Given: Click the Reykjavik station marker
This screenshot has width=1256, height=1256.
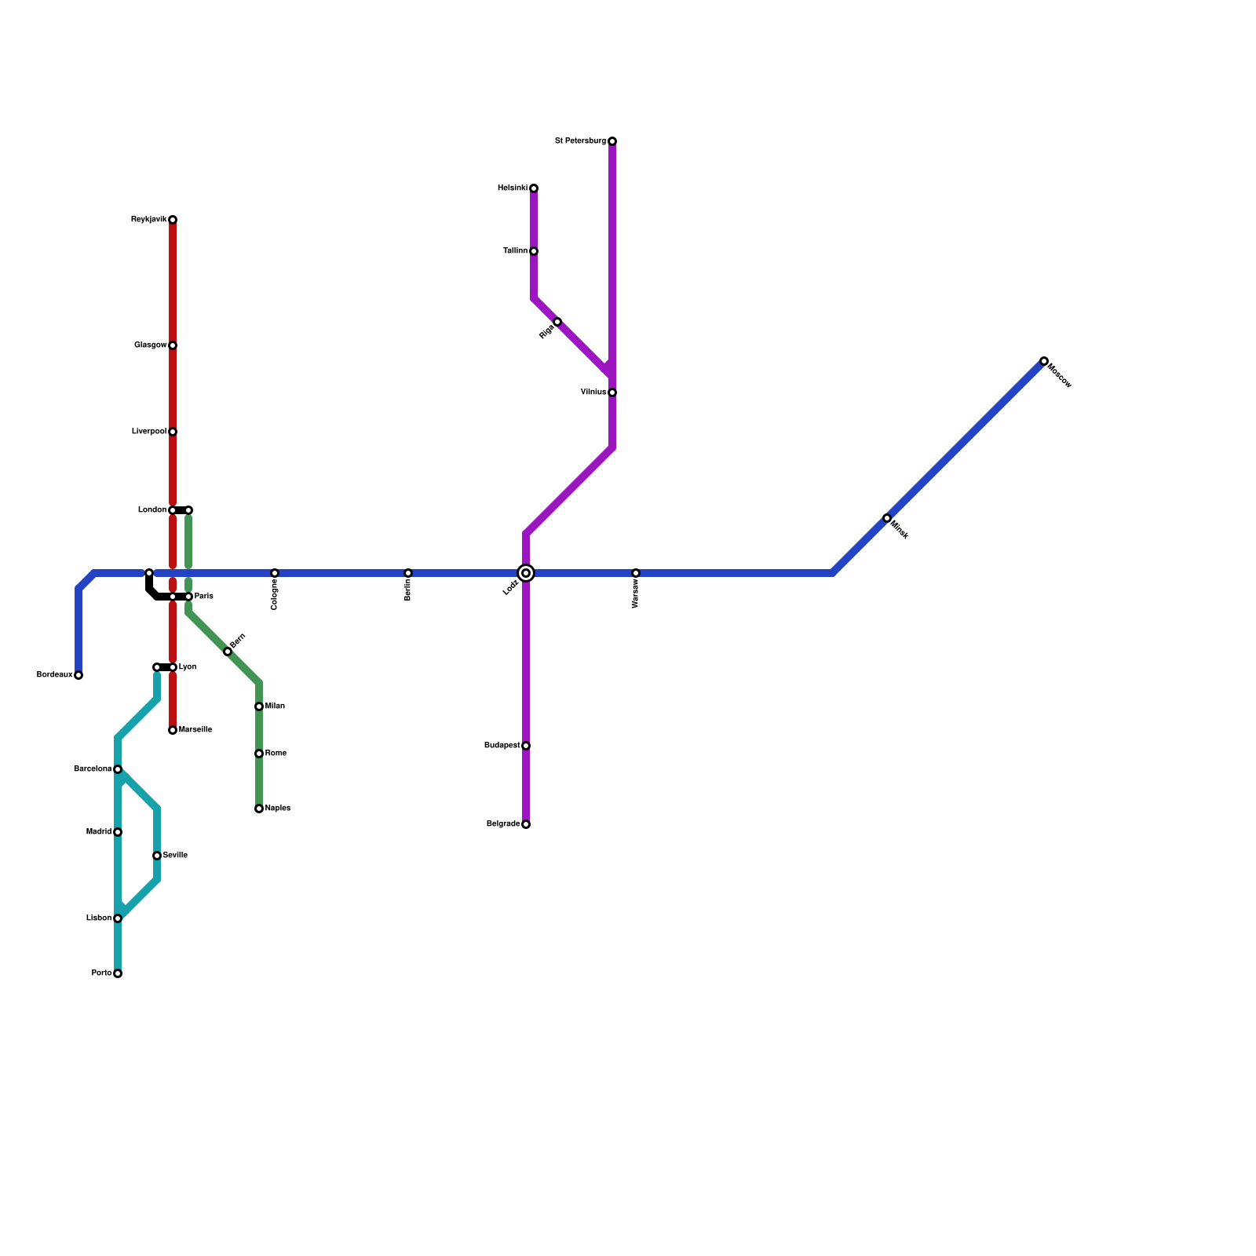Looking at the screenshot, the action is (173, 220).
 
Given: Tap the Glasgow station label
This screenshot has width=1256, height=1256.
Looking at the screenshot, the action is (150, 345).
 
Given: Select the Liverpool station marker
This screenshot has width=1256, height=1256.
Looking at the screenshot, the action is (173, 432).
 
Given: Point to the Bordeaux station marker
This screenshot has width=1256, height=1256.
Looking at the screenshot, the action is (78, 675).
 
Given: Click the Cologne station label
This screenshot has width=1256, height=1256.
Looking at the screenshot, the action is (274, 595).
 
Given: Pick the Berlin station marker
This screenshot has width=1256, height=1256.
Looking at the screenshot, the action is (408, 573).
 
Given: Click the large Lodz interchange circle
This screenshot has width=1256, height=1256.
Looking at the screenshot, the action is (526, 573).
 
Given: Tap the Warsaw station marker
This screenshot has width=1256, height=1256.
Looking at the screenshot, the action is (636, 573).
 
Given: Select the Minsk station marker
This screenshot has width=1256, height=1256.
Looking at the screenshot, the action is (887, 518).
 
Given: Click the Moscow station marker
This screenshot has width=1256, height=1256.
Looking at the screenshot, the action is (1044, 361).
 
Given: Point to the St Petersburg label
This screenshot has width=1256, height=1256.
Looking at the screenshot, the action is (580, 141).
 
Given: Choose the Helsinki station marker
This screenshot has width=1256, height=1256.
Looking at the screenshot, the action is (534, 188).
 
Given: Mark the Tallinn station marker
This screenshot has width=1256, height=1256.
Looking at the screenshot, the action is (534, 251).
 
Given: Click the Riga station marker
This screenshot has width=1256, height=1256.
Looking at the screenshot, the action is (557, 322).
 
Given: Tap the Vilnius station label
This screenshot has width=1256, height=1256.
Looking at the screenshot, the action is (593, 392).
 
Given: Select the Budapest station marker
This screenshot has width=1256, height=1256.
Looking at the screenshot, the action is (526, 746).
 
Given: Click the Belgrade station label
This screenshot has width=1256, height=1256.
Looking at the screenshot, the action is (502, 824).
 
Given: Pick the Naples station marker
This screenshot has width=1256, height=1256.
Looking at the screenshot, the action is (259, 809).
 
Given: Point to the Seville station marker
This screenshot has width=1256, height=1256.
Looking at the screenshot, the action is (157, 856).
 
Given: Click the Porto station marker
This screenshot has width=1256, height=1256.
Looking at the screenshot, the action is (118, 973).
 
